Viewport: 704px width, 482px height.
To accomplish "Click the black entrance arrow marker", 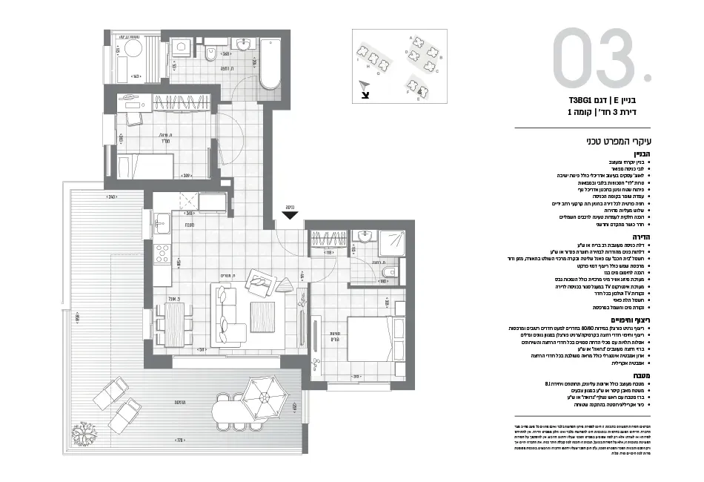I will (290, 216).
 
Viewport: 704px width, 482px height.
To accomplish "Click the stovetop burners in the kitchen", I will (161, 256).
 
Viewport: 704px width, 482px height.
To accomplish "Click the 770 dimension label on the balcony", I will (180, 440).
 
